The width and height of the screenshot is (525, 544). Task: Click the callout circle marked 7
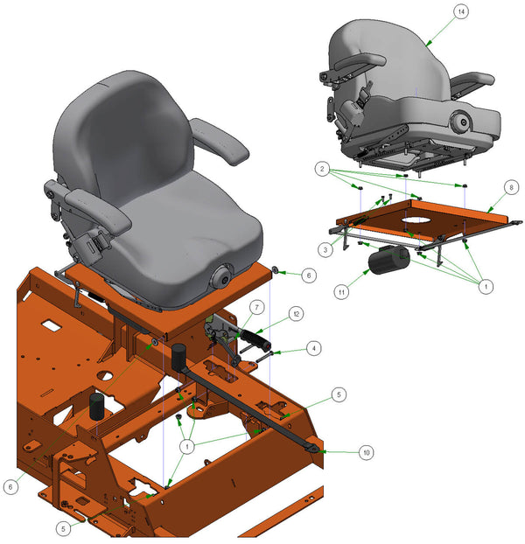point(257,307)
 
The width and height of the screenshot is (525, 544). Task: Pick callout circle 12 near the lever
point(297,313)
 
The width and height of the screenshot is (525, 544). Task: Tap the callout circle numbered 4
point(314,348)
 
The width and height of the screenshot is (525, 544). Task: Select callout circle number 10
point(367,452)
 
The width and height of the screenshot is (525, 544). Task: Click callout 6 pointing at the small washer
point(307,275)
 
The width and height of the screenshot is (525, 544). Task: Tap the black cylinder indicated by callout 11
point(385,261)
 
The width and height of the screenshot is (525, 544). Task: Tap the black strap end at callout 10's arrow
point(311,448)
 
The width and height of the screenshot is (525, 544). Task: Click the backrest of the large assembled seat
point(114,131)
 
